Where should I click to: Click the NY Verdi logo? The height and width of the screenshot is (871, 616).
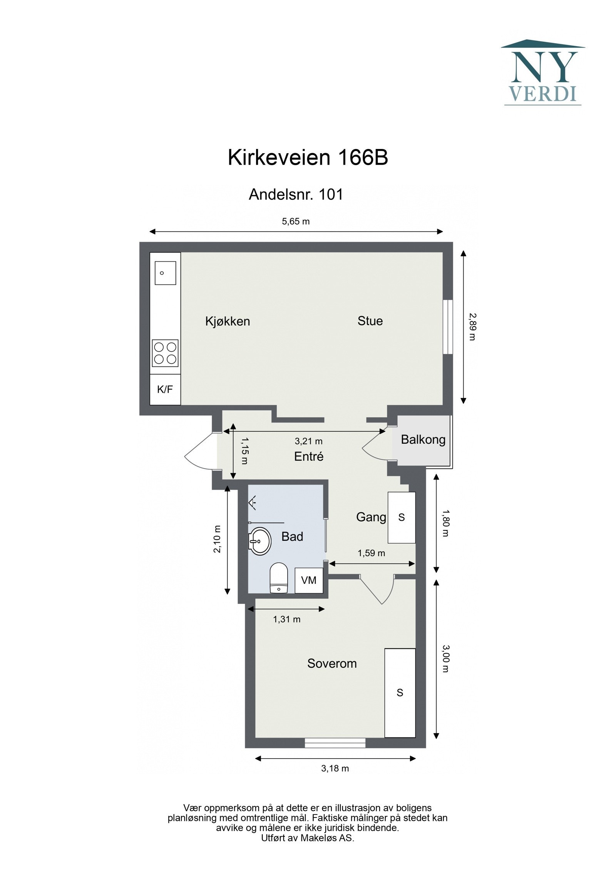(x=542, y=73)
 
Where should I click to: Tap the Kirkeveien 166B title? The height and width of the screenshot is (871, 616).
(x=308, y=157)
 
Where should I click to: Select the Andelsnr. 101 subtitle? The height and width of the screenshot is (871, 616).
(x=296, y=194)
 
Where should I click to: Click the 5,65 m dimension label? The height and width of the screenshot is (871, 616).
(x=296, y=221)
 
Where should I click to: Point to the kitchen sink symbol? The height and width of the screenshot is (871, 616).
(x=165, y=273)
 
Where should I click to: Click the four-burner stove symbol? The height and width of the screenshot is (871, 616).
(x=165, y=353)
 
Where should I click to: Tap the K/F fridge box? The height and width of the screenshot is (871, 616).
(x=165, y=390)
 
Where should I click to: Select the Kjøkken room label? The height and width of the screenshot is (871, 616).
(x=228, y=321)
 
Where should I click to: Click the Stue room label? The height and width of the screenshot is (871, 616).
(x=370, y=321)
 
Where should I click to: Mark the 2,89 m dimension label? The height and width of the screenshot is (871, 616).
(x=472, y=326)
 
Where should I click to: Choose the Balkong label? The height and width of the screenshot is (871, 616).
(x=423, y=440)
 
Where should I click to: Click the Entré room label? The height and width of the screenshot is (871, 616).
(x=308, y=457)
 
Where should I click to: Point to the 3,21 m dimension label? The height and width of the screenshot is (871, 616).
(x=308, y=441)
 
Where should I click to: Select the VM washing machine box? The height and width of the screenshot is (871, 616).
(x=309, y=580)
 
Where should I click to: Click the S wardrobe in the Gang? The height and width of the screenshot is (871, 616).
(x=402, y=518)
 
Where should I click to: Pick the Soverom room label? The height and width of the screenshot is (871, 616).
(x=332, y=664)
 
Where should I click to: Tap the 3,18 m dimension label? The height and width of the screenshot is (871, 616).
(x=335, y=769)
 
